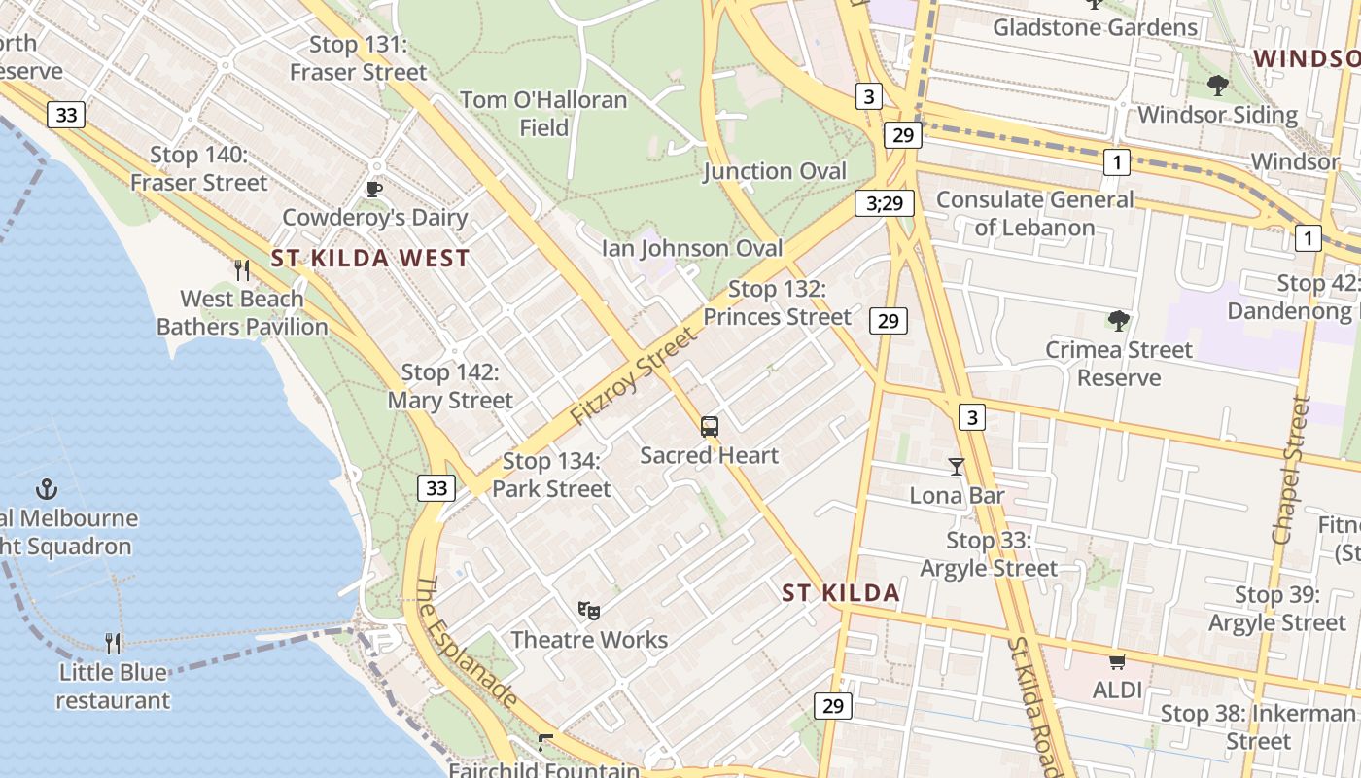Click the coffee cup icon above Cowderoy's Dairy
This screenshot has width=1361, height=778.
(374, 189)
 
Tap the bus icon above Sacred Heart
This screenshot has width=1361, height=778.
(710, 426)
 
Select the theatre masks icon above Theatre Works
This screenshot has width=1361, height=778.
(588, 611)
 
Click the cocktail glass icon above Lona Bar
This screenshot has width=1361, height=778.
(957, 467)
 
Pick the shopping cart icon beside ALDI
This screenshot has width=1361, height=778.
(1117, 662)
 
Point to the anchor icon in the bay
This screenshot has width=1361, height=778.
(46, 488)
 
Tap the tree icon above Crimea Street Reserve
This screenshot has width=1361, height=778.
(1118, 320)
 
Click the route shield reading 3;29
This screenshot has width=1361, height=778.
(885, 203)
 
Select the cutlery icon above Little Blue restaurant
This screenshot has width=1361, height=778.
(113, 643)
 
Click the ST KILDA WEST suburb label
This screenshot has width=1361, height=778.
(370, 259)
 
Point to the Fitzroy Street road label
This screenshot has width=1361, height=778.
(634, 376)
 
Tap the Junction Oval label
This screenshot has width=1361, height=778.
(775, 171)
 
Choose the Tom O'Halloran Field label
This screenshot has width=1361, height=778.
(543, 113)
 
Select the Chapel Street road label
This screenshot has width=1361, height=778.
(1292, 469)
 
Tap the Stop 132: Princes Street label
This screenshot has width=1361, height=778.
(777, 302)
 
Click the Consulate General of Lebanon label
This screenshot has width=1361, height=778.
(1034, 213)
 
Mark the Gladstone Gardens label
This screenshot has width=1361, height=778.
(1095, 27)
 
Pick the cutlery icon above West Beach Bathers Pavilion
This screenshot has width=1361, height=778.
(242, 269)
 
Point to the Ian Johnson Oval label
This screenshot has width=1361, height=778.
(692, 248)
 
